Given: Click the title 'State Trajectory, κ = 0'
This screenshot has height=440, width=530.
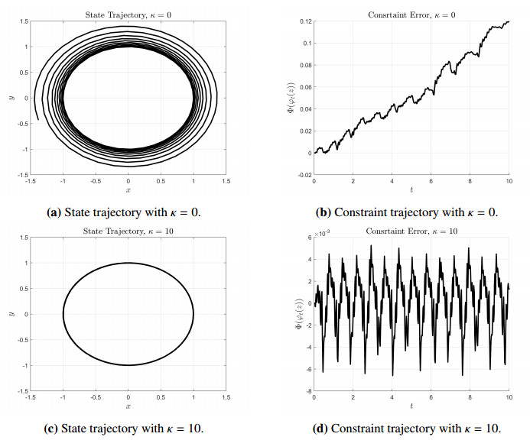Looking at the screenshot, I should coord(128,15).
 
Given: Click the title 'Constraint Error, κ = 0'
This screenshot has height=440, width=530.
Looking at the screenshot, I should coord(411,15).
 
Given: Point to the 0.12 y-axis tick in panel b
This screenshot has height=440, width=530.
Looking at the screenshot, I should coord(304,21).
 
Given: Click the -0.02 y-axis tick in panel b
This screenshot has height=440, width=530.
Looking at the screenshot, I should coord(303,175).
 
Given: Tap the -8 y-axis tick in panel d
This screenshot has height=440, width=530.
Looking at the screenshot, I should coord(307,390).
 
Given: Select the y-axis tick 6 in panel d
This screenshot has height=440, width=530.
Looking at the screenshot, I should coord(308,238).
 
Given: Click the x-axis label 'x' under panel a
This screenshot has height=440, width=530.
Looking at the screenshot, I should coord(128,190).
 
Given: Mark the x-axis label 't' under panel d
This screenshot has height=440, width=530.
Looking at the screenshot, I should coord(411,406).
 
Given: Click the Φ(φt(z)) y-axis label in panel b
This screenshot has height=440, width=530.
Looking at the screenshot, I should coord(290,98).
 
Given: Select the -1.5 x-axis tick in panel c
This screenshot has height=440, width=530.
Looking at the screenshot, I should coord(31,397).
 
